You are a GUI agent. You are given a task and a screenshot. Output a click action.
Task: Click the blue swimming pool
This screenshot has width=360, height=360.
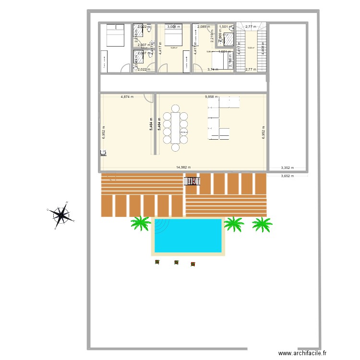[x=187, y=235]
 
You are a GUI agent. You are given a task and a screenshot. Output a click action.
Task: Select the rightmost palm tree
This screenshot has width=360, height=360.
[x=262, y=223]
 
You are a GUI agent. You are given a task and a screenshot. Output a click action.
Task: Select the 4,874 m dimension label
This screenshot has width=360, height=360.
[x=127, y=96]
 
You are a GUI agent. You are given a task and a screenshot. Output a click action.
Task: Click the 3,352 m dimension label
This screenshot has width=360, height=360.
[x=288, y=168]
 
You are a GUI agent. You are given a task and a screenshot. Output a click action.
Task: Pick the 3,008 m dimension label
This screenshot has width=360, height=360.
[x=174, y=27]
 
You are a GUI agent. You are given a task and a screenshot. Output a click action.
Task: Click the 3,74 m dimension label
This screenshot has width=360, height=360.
[x=213, y=70]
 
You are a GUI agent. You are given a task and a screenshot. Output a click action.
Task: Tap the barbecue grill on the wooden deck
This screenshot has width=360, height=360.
[x=192, y=181]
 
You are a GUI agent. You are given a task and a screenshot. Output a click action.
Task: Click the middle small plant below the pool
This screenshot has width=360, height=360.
[x=176, y=263]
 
